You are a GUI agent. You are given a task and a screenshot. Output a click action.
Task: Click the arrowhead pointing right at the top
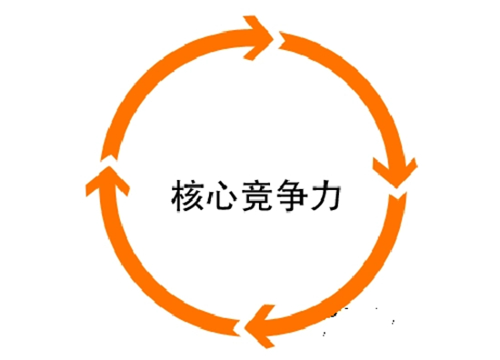click(264, 37)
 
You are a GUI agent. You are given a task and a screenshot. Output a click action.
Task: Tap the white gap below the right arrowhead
click(398, 193)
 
